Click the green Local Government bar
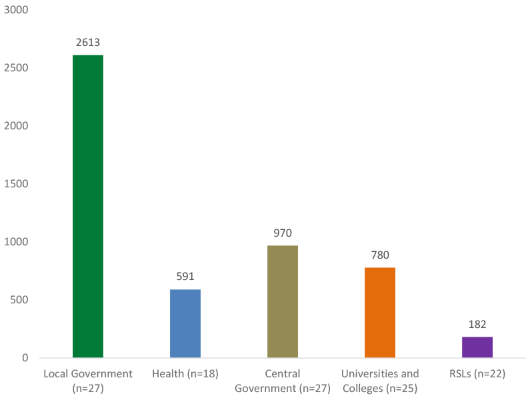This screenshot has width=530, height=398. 87,206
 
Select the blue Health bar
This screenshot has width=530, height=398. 185,323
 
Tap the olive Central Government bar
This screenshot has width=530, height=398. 283,301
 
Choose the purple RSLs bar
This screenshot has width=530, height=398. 477,347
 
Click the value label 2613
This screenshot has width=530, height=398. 87,43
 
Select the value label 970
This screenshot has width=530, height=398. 283,233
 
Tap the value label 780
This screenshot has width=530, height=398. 380,255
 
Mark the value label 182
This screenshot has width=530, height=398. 477,325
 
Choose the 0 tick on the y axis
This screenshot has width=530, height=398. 25,358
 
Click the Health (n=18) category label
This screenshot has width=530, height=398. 185,374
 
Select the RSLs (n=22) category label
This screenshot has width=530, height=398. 477,374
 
